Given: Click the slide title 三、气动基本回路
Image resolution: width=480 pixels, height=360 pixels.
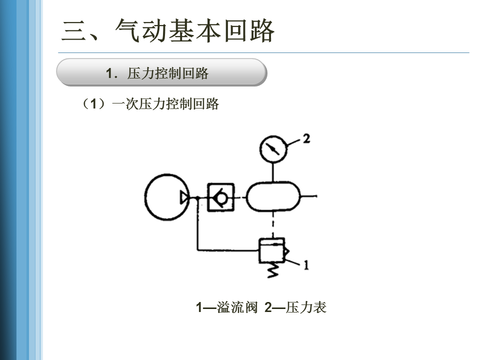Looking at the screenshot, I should pyautogui.click(x=168, y=31).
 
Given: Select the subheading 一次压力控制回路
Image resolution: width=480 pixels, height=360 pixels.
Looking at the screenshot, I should pyautogui.click(x=165, y=104).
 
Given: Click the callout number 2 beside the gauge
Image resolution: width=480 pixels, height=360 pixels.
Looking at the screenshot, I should pyautogui.click(x=306, y=138).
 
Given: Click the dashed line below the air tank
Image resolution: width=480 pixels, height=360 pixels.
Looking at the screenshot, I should pyautogui.click(x=273, y=225).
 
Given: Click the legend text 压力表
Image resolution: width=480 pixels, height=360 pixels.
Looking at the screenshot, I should pyautogui.click(x=306, y=308).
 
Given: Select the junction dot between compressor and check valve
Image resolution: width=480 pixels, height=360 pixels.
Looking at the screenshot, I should pyautogui.click(x=198, y=197).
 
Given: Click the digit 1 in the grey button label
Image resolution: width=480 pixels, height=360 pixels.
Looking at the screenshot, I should pyautogui.click(x=109, y=73).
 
